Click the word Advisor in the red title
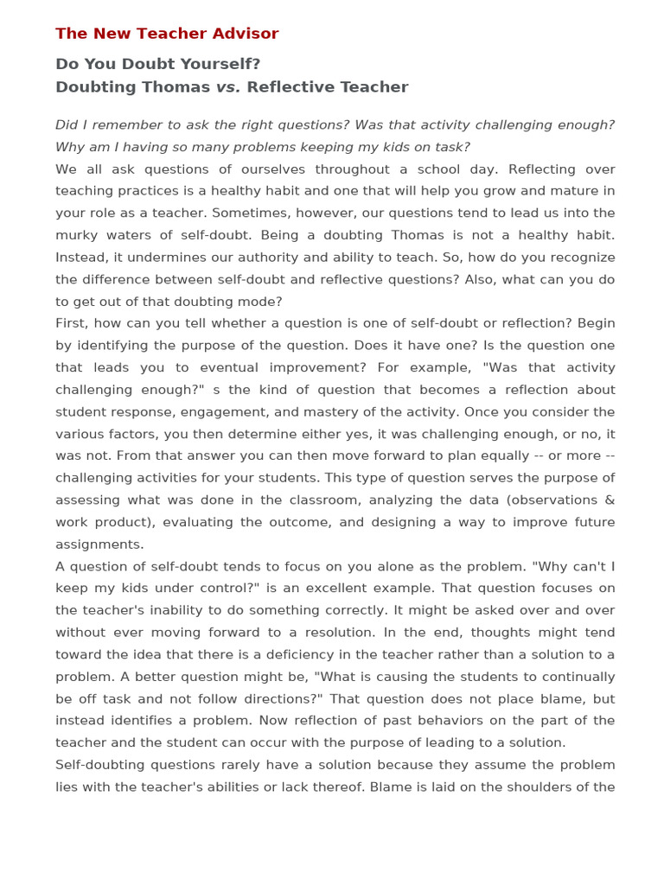click(x=246, y=34)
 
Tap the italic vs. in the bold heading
click(x=228, y=87)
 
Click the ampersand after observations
click(x=610, y=500)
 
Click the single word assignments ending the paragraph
click(x=98, y=544)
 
